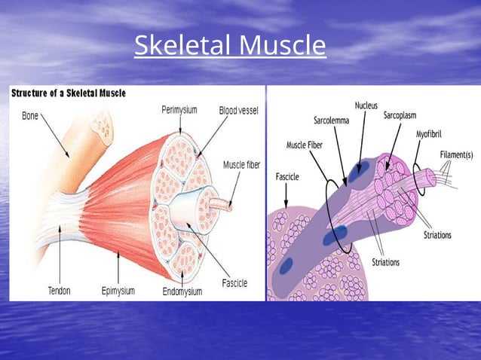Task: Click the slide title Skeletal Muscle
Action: pos(230,47)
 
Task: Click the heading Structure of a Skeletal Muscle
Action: pos(68,93)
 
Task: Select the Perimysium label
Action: pos(179,110)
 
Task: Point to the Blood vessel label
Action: pos(238,110)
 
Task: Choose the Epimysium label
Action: pos(118,289)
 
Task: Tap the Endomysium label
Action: pos(182,290)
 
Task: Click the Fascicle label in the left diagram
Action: pos(234,283)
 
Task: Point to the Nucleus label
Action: pos(366,105)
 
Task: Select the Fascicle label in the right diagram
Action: pos(286,178)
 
